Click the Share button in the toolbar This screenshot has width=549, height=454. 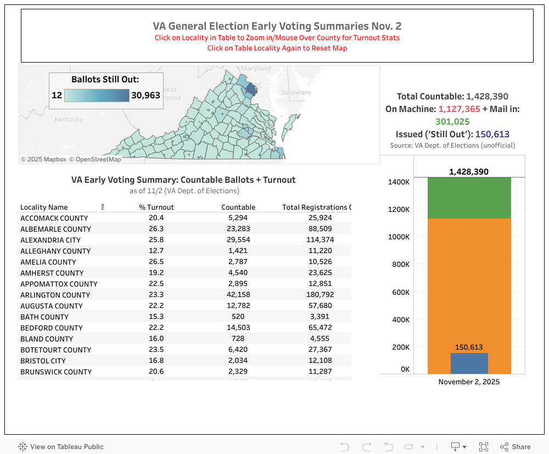516,447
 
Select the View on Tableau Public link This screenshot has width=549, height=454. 61,447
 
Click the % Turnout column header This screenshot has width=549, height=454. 156,207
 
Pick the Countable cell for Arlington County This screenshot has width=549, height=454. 238,295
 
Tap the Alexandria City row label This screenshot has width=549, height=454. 51,240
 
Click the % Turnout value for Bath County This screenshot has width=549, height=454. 156,317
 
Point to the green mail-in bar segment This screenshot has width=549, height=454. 469,198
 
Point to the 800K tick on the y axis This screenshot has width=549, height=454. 401,265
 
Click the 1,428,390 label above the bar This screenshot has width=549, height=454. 468,172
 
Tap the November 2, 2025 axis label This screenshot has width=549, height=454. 469,382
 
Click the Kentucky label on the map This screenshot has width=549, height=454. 69,119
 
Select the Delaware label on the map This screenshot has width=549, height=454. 296,92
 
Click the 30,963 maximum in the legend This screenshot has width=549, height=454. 145,96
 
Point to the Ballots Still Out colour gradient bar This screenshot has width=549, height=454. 97,96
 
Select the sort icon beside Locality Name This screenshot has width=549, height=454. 103,207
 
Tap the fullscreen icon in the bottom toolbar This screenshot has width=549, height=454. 484,447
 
